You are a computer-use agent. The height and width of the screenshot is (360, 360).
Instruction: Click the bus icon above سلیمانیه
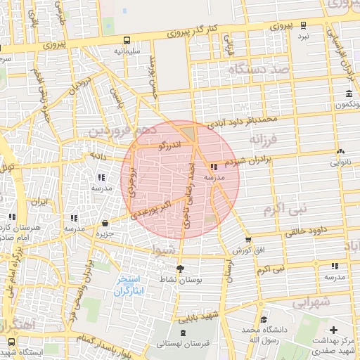(127, 41)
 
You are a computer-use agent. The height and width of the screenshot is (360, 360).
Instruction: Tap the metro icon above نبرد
(304, 25)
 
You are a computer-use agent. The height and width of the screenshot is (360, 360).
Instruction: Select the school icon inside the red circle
(214, 167)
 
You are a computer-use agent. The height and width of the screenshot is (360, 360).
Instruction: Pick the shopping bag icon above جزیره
(105, 223)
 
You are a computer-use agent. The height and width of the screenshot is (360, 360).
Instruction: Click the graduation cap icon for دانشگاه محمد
(262, 319)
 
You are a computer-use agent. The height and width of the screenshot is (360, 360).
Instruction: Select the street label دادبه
(96, 155)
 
